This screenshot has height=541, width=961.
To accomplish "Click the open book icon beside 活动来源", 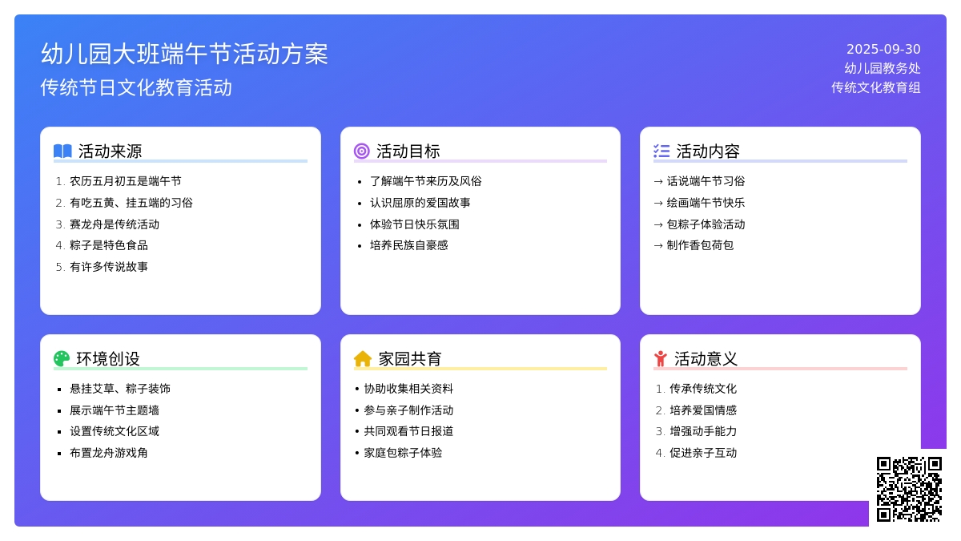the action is (62, 151).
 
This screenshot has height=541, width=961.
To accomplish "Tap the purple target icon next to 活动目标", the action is (362, 151).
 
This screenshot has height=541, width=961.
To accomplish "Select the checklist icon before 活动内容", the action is (661, 151).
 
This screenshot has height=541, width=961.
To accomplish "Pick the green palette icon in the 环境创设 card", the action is (62, 358).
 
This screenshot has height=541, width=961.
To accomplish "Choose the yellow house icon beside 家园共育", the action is (363, 358).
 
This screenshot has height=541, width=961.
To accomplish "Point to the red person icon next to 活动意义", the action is (661, 358).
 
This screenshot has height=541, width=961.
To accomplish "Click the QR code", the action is (909, 489).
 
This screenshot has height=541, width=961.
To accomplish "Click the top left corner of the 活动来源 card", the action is (40, 127).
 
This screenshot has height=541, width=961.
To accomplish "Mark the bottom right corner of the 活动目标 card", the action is (621, 315).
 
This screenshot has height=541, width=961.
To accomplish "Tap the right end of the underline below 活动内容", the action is (907, 161).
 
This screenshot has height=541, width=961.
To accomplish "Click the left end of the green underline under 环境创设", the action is (54, 369).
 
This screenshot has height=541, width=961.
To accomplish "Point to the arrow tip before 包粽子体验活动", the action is (663, 224).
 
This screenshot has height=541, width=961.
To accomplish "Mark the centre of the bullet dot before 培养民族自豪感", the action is (360, 246).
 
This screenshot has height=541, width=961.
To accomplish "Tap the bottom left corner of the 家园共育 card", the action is (340, 501).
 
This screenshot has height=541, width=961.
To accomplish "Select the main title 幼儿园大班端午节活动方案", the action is (184, 55).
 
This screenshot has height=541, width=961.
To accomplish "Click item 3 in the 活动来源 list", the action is (107, 224).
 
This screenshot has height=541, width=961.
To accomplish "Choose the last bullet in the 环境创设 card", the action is (103, 453).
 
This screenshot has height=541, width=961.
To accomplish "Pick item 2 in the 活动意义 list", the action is (696, 410).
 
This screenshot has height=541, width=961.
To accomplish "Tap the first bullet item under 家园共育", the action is (404, 389).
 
